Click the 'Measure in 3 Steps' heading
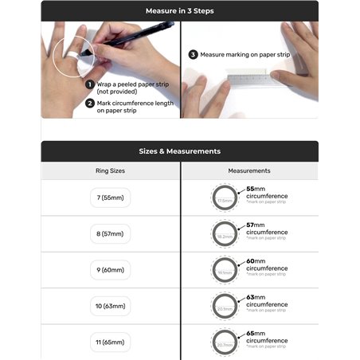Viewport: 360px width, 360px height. [x=180, y=10]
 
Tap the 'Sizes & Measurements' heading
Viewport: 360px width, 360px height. [x=180, y=151]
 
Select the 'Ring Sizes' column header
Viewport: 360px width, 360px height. [x=110, y=170]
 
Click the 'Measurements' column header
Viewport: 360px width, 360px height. [x=249, y=170]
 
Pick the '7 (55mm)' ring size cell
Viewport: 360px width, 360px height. [x=110, y=197]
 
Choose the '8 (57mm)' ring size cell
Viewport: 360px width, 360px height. [x=110, y=233]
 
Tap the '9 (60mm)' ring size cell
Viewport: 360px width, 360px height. [x=110, y=270]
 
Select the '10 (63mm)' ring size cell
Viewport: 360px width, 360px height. [x=110, y=306]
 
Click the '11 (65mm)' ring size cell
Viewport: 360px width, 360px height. [x=110, y=342]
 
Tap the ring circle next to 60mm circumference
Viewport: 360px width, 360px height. [x=225, y=271]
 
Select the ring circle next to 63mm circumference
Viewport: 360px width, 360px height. [x=225, y=307]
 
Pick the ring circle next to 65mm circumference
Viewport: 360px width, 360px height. [x=225, y=343]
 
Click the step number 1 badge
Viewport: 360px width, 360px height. [x=91, y=83]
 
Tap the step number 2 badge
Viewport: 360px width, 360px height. [x=91, y=102]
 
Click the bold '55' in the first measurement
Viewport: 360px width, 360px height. [x=251, y=189]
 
